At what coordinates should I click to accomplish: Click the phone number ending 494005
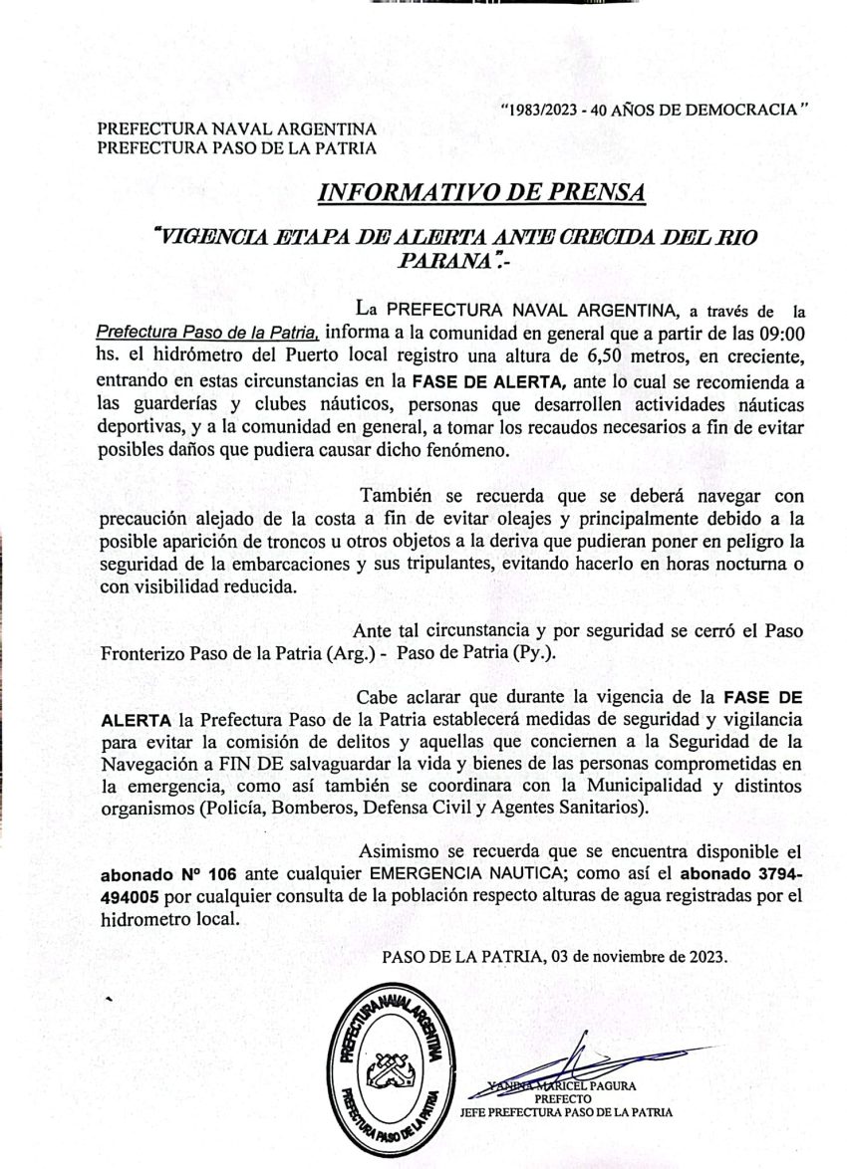141,896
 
